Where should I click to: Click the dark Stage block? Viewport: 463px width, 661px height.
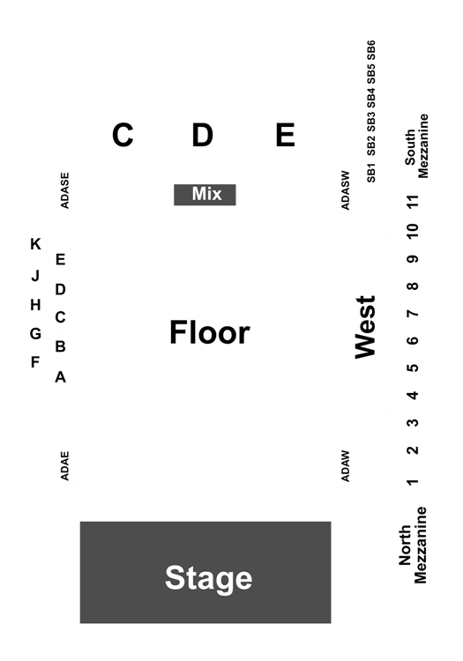click(x=205, y=572)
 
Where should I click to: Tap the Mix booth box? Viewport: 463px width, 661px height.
click(x=205, y=195)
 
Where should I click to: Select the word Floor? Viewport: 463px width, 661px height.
click(x=210, y=332)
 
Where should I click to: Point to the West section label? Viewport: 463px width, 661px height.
click(x=365, y=327)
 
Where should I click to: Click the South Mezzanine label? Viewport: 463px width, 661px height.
click(x=416, y=145)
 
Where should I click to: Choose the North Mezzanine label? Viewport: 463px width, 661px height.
click(x=414, y=545)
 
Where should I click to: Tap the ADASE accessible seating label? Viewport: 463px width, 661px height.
click(x=64, y=190)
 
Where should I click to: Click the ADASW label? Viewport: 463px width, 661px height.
click(x=346, y=190)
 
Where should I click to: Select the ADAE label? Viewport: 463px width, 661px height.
click(x=64, y=466)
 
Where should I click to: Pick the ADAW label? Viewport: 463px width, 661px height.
click(x=346, y=466)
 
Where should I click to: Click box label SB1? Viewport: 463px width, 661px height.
click(x=371, y=173)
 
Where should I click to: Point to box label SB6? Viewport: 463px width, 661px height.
click(x=371, y=50)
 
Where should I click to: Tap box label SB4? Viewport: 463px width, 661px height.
click(x=371, y=99)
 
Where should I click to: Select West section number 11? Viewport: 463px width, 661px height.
click(x=414, y=202)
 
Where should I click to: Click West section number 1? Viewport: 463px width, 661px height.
click(x=414, y=481)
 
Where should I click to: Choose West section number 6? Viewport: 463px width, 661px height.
click(x=414, y=340)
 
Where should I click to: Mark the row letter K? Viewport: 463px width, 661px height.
click(x=36, y=244)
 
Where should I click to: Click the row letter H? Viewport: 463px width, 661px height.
click(x=36, y=304)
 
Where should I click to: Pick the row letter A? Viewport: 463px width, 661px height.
click(x=60, y=377)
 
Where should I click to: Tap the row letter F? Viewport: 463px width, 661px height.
click(x=35, y=361)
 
